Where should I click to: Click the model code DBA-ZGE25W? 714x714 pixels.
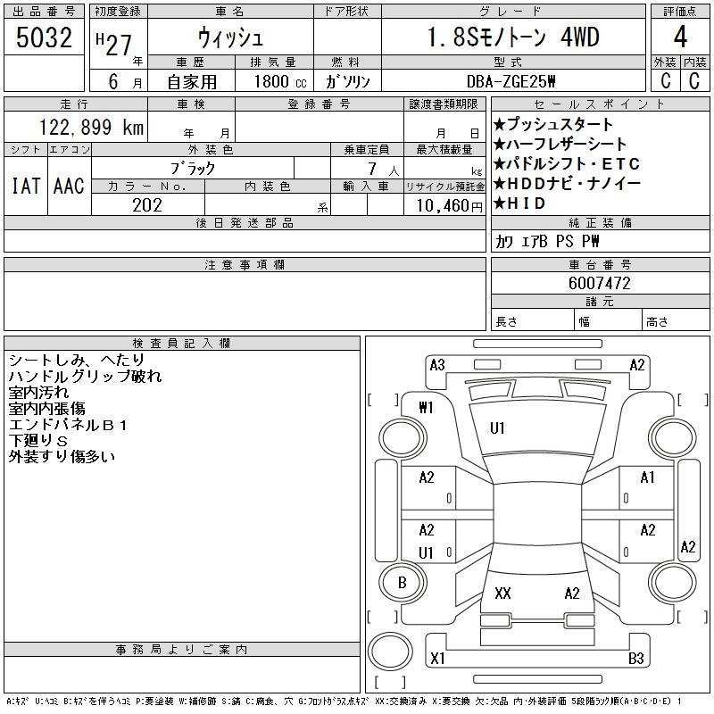(513, 81)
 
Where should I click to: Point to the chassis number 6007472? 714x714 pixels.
(600, 284)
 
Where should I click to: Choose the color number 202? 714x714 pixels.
(147, 205)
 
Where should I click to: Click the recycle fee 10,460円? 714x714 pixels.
(444, 205)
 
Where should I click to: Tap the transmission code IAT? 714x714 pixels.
(25, 186)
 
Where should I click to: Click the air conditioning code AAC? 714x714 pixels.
(69, 186)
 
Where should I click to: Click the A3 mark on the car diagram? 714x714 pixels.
(437, 364)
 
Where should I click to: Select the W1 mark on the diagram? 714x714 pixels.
(426, 408)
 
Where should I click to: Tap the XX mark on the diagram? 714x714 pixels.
(502, 593)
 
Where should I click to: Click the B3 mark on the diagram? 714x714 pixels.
(636, 660)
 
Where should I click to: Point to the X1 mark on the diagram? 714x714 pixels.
(437, 660)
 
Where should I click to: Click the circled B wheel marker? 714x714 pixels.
(402, 584)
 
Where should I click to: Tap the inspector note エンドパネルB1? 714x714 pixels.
(69, 425)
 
